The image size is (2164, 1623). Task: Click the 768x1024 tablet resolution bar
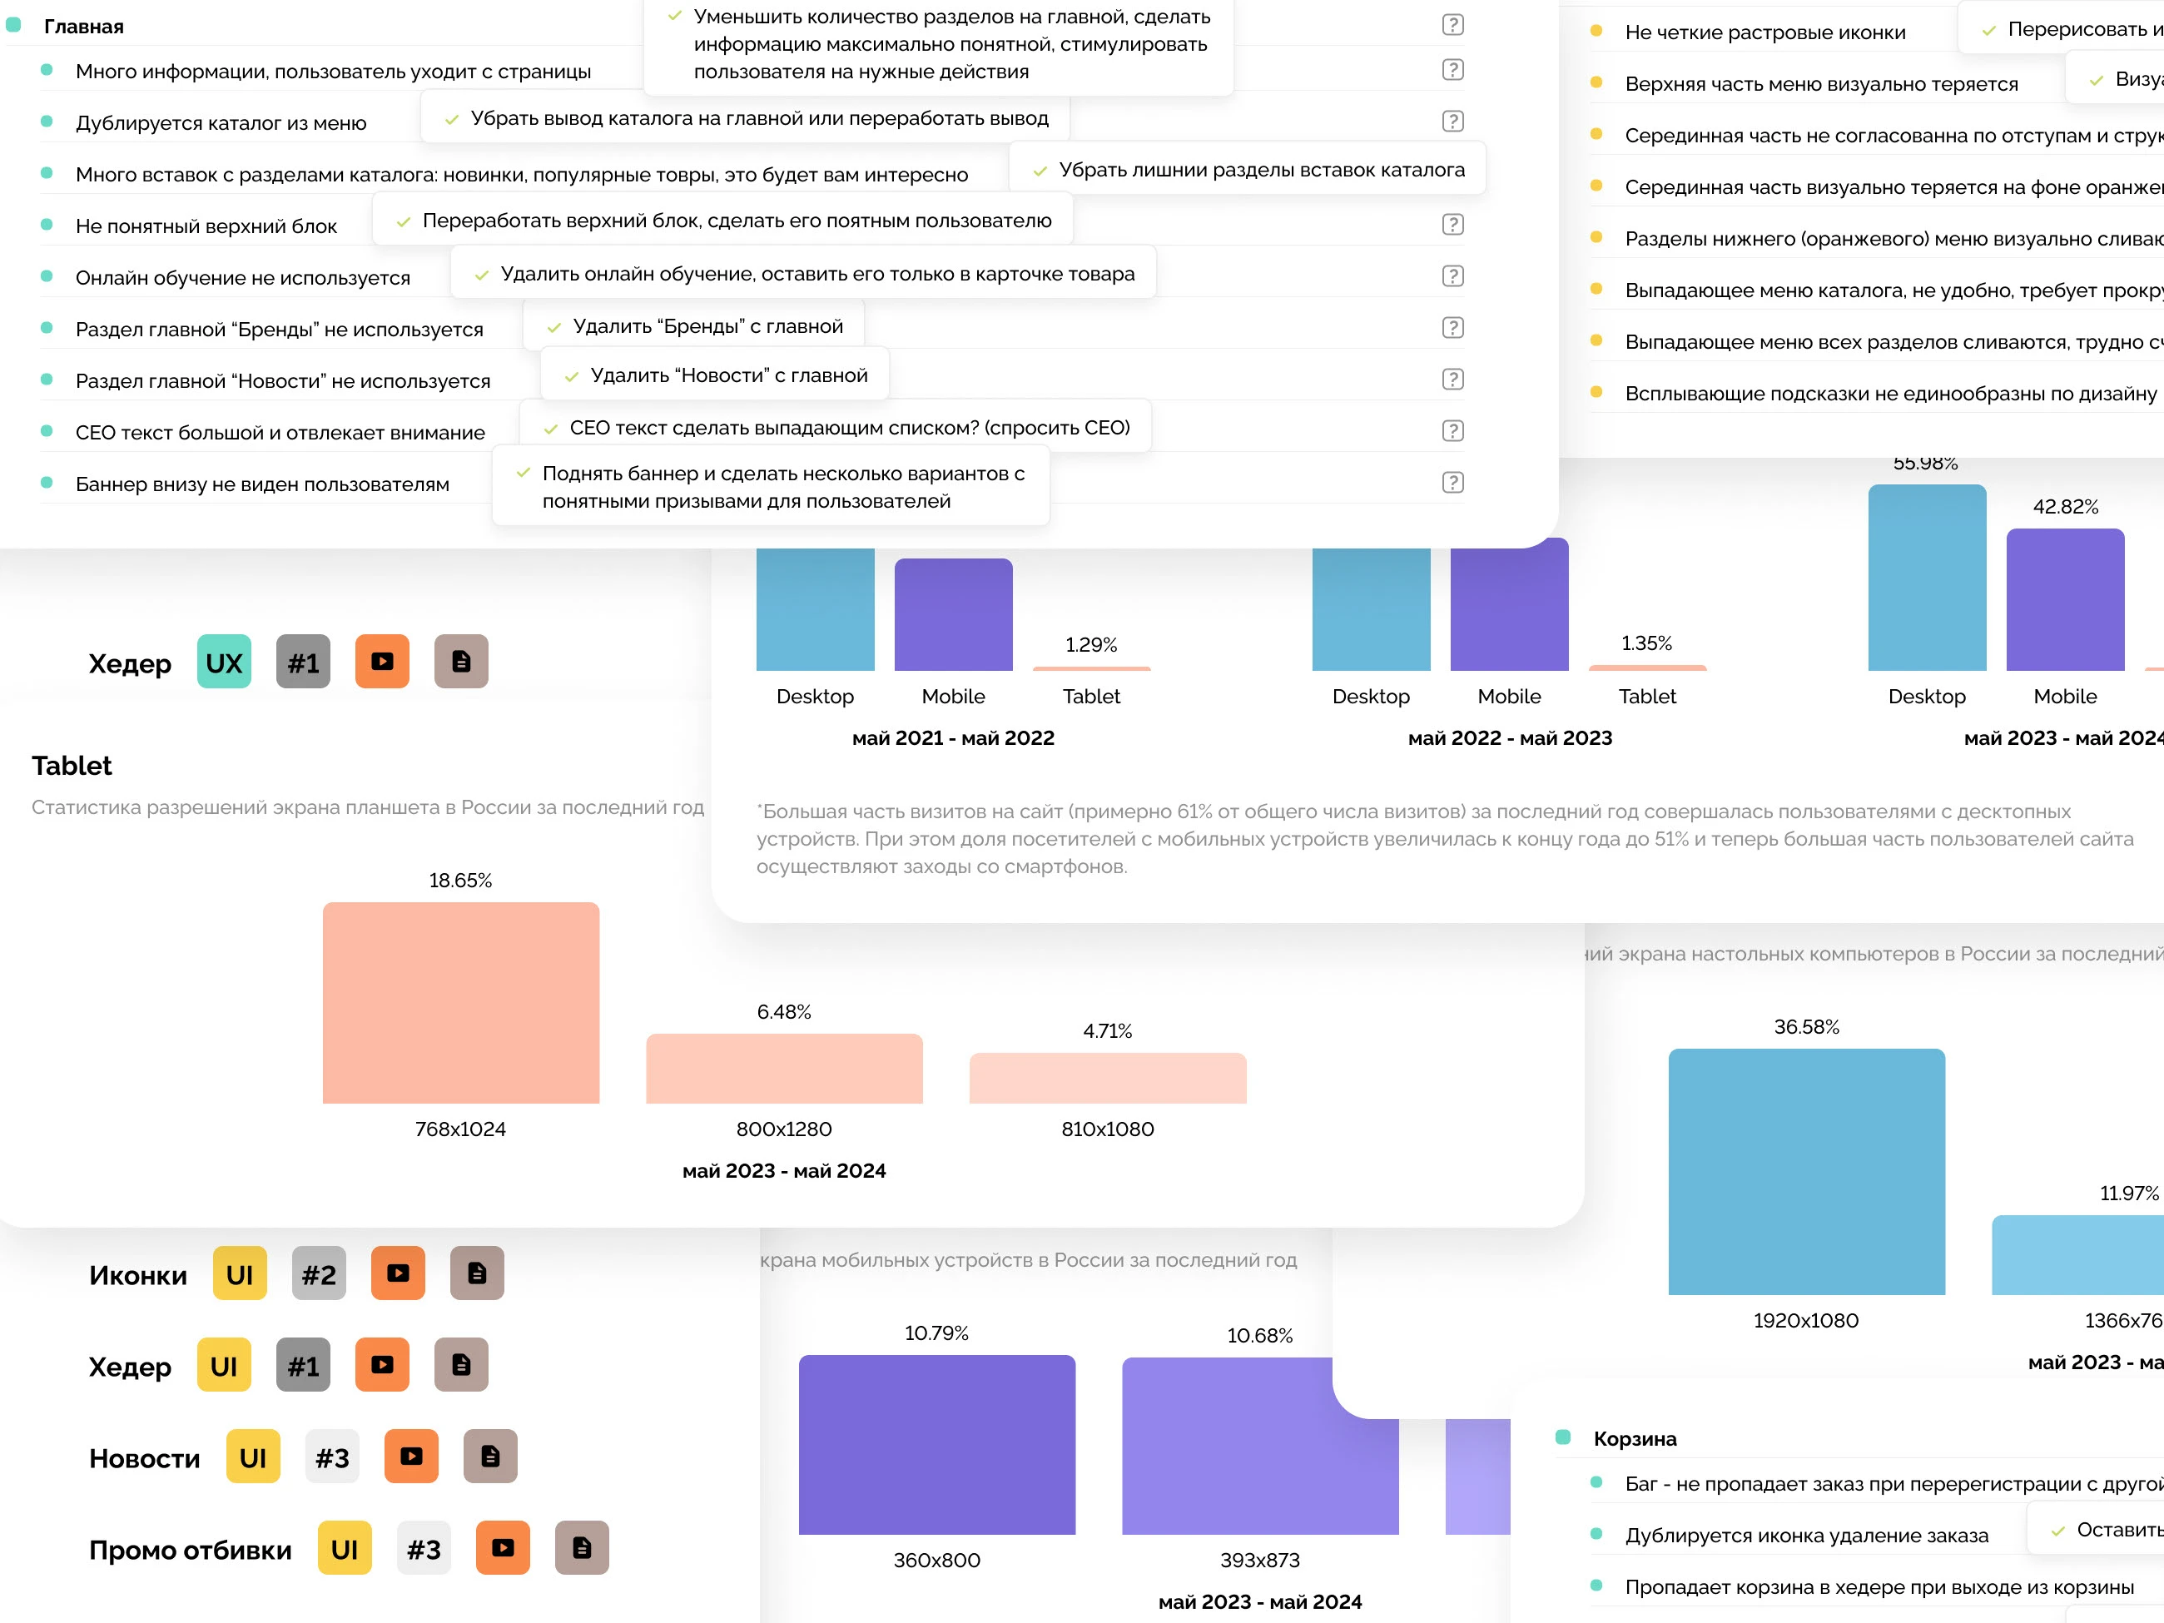pos(461,1003)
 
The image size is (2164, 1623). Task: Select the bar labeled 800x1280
pos(784,1069)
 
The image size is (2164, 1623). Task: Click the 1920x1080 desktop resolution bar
pos(1806,1171)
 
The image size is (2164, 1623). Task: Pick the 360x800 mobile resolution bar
pos(936,1444)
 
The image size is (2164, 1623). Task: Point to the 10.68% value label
pos(1259,1335)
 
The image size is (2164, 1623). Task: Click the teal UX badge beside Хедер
pos(224,663)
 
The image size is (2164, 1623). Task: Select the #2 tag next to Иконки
pos(319,1273)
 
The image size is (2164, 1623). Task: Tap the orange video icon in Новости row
pos(411,1457)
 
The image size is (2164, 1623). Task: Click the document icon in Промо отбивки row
pos(581,1547)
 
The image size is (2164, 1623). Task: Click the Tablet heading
pos(72,765)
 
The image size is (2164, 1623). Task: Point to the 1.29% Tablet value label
pos(1091,645)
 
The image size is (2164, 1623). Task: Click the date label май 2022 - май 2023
pos(1510,737)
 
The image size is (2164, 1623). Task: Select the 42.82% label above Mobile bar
pos(2065,507)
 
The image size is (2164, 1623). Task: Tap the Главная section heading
pos(83,27)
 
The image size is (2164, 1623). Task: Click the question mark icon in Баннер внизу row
pos(1452,482)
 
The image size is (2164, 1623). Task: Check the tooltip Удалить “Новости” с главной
pos(728,375)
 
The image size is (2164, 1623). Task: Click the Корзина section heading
pos(1634,1438)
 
